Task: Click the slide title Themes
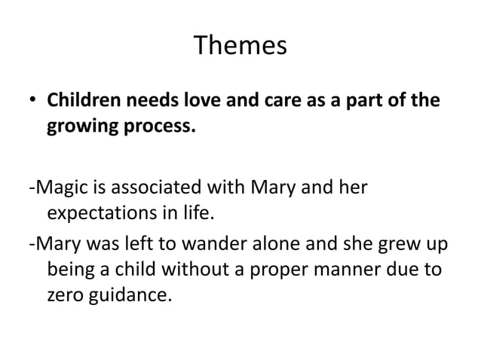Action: (240, 46)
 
